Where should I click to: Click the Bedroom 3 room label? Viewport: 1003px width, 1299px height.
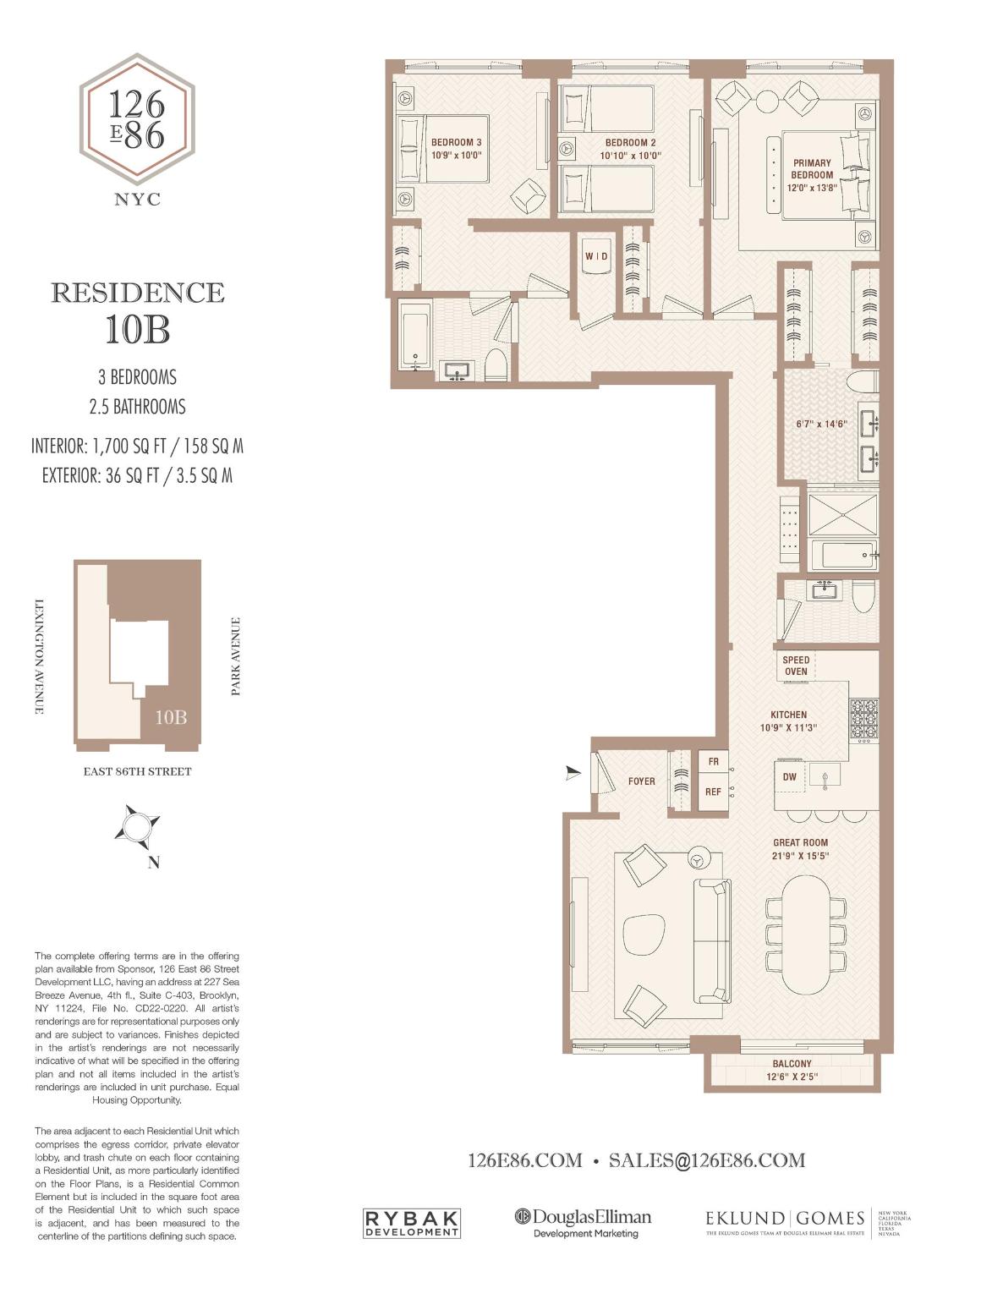[456, 142]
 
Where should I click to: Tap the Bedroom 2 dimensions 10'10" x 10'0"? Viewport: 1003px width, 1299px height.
[630, 156]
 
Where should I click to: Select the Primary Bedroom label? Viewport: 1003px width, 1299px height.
[812, 168]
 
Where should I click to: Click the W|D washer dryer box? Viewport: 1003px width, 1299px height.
[596, 255]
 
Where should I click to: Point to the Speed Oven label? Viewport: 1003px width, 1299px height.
[796, 666]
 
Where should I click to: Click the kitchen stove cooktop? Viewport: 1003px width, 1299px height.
[864, 719]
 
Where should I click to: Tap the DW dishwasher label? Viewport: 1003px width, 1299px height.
[789, 777]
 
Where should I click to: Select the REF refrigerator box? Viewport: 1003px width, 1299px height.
[713, 792]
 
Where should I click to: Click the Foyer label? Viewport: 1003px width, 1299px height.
[641, 781]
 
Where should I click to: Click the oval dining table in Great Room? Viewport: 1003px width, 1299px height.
[806, 934]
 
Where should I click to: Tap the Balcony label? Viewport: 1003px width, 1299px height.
[792, 1064]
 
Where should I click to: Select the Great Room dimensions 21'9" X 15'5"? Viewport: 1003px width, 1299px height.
[800, 856]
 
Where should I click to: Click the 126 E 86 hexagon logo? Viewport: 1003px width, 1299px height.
[137, 119]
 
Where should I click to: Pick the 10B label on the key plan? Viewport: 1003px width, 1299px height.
[170, 717]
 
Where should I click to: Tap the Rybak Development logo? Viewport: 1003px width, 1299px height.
[411, 1223]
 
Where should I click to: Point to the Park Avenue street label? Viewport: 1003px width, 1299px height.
[236, 656]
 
